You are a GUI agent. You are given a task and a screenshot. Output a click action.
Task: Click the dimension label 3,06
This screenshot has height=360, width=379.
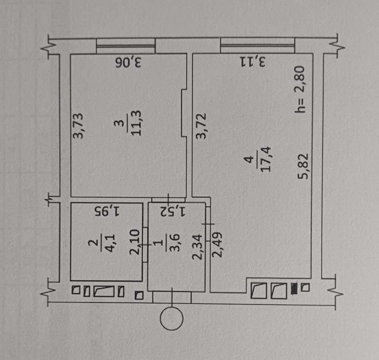coord(128,63)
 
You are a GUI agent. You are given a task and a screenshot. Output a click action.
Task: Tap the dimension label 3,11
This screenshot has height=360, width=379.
coord(253,62)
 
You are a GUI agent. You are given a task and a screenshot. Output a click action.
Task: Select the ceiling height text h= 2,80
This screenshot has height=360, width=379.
coord(301,89)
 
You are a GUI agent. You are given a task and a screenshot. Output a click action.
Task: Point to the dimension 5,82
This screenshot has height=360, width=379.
coord(303,166)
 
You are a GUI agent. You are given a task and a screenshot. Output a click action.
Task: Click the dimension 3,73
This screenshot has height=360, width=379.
coord(78,126)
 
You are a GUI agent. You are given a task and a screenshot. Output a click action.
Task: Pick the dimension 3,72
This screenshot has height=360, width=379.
coord(201,126)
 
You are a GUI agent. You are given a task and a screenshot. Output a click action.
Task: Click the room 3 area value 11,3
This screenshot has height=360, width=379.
coord(136,123)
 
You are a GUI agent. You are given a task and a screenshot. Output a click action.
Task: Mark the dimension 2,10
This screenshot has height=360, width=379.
coord(135,242)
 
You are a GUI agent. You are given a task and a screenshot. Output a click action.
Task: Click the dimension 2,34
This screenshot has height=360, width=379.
coord(197,247)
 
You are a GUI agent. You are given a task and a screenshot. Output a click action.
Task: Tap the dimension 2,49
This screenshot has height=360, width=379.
coord(217,245)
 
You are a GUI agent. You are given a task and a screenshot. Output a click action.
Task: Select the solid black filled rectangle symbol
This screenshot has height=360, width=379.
coord(294,288)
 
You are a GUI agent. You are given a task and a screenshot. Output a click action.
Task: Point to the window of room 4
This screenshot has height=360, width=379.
coord(258,45)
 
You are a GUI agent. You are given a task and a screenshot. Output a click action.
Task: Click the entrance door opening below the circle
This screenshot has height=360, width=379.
coord(172,297)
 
